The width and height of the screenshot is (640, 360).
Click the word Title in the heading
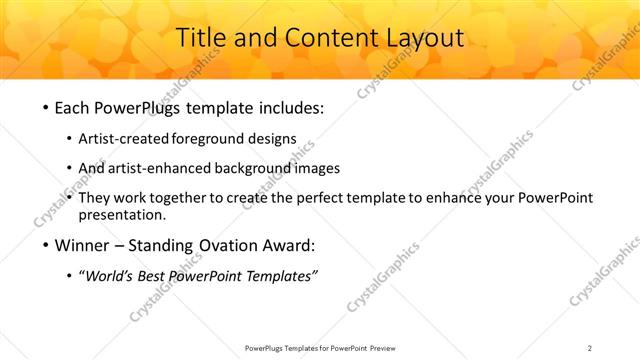(201, 39)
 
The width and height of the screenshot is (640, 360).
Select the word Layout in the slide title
(425, 39)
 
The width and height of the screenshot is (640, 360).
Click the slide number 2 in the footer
(590, 348)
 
